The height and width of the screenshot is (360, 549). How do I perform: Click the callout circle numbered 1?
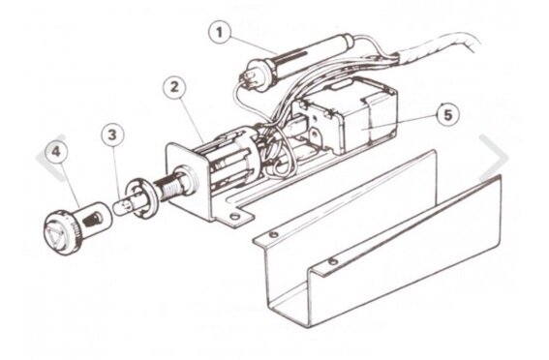(220, 33)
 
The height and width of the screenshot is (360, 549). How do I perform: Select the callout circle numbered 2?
(174, 87)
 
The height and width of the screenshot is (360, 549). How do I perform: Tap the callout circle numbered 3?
(112, 135)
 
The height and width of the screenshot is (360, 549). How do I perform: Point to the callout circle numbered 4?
(57, 153)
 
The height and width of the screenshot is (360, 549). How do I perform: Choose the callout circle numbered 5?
(448, 114)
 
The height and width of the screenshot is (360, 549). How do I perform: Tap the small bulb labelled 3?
(123, 206)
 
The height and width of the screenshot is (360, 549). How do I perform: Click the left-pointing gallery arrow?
(50, 158)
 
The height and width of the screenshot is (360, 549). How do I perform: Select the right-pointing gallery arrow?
(494, 158)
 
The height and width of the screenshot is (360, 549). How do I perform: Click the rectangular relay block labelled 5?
(364, 115)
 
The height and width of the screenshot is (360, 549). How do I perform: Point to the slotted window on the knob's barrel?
(93, 220)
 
